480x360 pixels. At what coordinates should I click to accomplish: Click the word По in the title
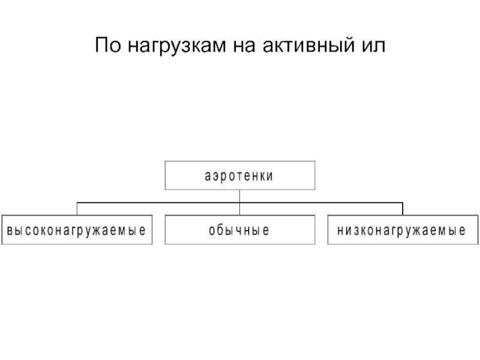click(108, 45)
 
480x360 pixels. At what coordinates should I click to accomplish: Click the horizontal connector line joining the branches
click(239, 203)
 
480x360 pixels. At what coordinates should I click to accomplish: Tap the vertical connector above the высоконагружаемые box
click(77, 209)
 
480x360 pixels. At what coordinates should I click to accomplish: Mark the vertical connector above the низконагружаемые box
click(403, 209)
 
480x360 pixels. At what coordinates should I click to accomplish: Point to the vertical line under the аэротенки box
click(239, 202)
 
